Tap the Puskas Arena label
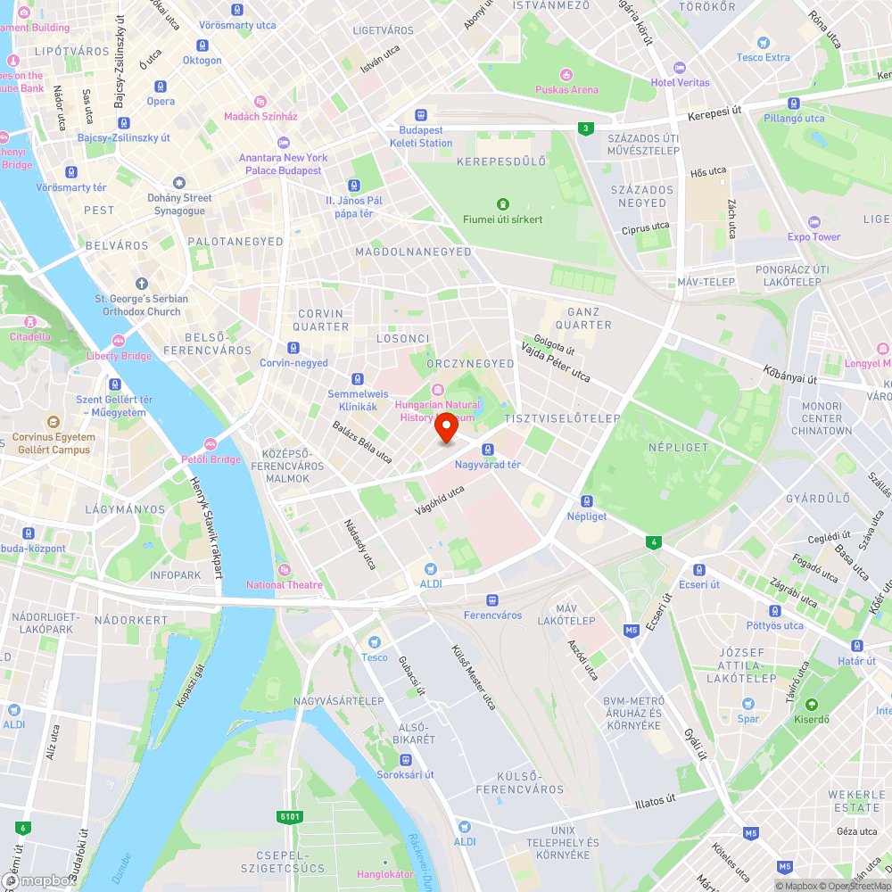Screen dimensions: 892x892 [x=566, y=89]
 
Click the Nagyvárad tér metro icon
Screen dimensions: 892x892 [x=487, y=449]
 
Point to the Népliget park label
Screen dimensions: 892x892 [x=678, y=447]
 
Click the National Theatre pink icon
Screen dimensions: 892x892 [x=284, y=570]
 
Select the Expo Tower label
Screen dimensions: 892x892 [x=814, y=237]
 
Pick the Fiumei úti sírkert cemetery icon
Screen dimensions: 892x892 [x=503, y=204]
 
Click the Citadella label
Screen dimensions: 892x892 [x=30, y=337]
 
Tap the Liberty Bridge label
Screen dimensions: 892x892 [x=119, y=356]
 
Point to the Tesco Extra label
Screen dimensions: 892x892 [x=763, y=57]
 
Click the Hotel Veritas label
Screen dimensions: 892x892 [x=681, y=83]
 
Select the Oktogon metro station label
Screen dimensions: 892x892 [x=202, y=60]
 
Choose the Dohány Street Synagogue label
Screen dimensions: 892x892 [x=179, y=204]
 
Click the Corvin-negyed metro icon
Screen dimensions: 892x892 [x=293, y=348]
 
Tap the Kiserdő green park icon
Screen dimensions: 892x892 [x=812, y=705]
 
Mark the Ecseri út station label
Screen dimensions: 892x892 [x=698, y=584]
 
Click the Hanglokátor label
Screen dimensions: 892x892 [x=385, y=874]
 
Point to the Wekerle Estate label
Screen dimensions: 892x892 [x=855, y=801]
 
